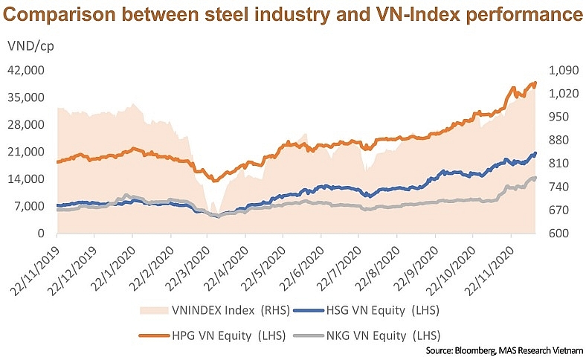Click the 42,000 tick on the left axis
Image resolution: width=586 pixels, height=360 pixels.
pos(27,71)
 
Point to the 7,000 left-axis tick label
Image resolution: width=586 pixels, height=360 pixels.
pos(30,206)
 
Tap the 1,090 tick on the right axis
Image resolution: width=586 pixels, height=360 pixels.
pos(561,71)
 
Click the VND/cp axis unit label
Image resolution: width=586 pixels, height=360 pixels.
pos(31,45)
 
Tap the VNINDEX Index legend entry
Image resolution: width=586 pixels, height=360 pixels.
pos(202,308)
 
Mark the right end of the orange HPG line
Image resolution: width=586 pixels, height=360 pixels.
pos(535,83)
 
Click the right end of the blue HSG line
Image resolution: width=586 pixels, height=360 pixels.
pos(535,154)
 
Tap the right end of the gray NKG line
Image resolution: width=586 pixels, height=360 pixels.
pos(535,178)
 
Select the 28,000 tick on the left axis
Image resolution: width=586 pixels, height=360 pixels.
pos(27,125)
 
